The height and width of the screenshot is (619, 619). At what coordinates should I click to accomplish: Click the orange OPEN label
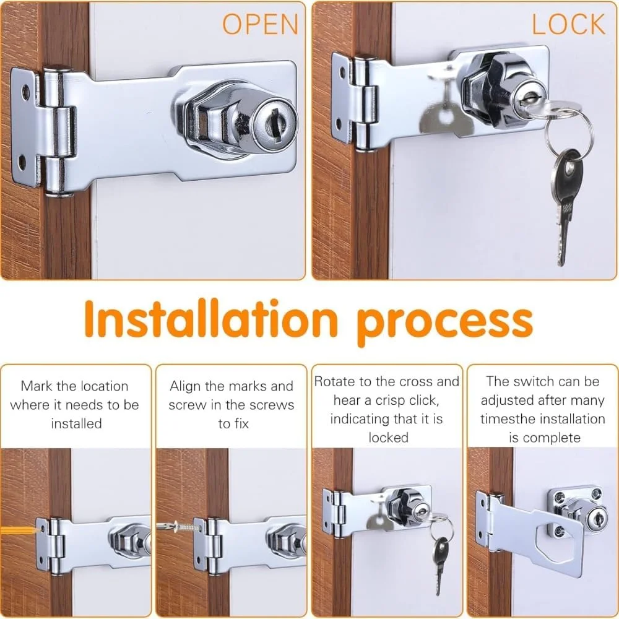[260, 24]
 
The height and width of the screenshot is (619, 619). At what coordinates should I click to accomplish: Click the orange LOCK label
[568, 24]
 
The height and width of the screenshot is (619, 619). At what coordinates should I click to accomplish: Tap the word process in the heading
[445, 324]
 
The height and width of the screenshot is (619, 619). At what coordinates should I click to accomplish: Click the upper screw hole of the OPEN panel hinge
[25, 92]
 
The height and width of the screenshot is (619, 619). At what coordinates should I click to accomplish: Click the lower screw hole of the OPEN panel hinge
[22, 162]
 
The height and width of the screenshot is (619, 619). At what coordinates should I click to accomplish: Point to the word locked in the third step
[389, 438]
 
